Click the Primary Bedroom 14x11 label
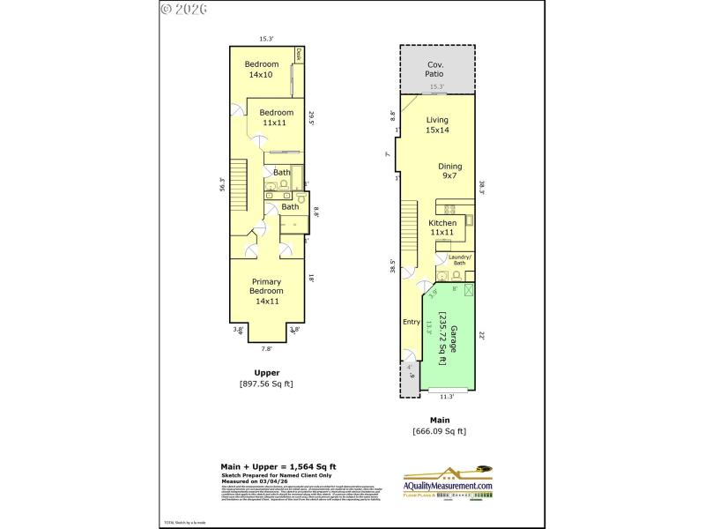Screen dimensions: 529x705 tap(265, 291)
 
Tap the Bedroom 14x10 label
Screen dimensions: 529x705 tap(262, 69)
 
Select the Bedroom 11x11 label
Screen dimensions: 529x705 tap(275, 117)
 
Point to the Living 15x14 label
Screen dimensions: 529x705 tap(437, 125)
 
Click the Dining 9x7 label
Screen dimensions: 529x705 tap(449, 171)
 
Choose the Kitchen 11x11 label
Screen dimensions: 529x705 tap(442, 228)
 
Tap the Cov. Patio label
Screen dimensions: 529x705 tap(435, 70)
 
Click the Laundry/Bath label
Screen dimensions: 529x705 tap(460, 259)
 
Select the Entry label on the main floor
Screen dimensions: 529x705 tap(412, 322)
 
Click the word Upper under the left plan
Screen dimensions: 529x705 tap(266, 372)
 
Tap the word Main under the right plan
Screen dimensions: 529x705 tap(439, 420)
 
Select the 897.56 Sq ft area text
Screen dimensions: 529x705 tap(266, 384)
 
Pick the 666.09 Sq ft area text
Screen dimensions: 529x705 tap(439, 431)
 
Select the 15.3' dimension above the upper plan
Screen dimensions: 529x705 tap(266, 39)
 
